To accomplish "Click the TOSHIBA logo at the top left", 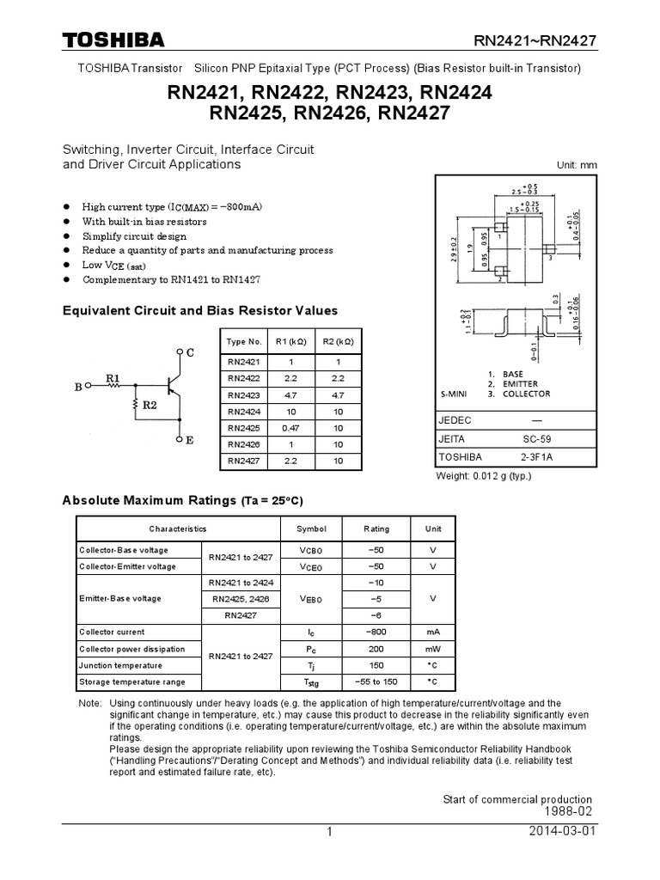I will (x=113, y=41).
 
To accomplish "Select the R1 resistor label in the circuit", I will (x=113, y=376).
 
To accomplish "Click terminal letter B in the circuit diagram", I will (x=78, y=388).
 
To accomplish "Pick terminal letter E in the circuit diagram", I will (x=189, y=440).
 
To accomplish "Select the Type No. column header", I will (x=243, y=341).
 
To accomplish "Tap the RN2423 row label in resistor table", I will (x=243, y=395).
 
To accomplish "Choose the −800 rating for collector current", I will (x=376, y=632).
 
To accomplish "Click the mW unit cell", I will (x=432, y=649).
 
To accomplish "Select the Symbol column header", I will (x=311, y=529).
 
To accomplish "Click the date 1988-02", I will (x=568, y=811).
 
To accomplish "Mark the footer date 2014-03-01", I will (x=564, y=833).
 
